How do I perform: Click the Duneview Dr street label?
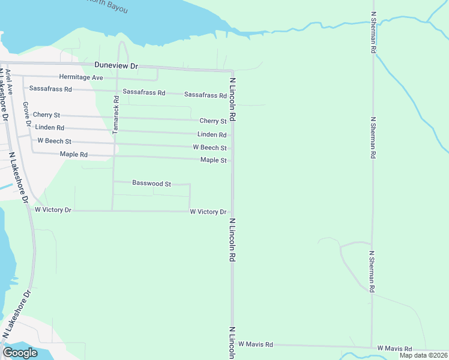[116, 65]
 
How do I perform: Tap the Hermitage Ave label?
[81, 77]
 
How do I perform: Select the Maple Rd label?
[74, 155]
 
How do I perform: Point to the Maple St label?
[213, 160]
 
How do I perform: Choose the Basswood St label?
[152, 183]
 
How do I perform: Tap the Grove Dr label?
[26, 114]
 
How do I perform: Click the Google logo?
[20, 353]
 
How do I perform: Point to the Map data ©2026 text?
[423, 355]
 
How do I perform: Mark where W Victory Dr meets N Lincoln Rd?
[233, 211]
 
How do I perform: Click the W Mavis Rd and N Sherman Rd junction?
[372, 347]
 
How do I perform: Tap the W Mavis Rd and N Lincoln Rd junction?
[233, 345]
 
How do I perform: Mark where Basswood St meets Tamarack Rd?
[113, 181]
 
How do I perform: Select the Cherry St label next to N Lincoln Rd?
[212, 121]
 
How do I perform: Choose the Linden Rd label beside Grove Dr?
[50, 128]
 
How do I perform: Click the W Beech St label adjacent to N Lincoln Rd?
[209, 148]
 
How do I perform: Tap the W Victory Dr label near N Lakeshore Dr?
[53, 210]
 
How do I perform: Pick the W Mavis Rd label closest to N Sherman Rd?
[394, 349]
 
